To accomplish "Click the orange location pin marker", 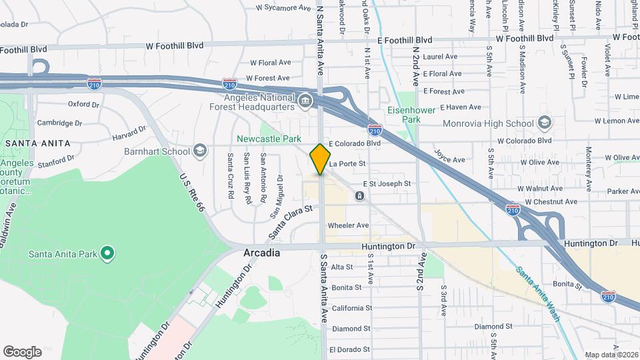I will coord(320,159).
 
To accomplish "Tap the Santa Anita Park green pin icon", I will coord(107,253).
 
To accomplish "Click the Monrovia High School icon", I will coord(545,123).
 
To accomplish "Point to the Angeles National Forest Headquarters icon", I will coord(305,101).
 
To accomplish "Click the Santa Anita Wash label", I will coord(537,294).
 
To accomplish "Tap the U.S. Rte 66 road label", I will coord(191,193).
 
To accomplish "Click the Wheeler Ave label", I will coord(348,225).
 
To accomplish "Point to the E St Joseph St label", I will coord(387,183).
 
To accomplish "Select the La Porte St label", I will coord(348,163).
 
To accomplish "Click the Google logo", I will coord(22,351).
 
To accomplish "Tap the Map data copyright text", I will coord(611,355).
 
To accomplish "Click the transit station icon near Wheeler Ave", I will coord(359,196).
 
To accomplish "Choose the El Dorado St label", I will coord(349,349).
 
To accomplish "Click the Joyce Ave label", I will coord(449,160).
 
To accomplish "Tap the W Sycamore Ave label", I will coord(283,9).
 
